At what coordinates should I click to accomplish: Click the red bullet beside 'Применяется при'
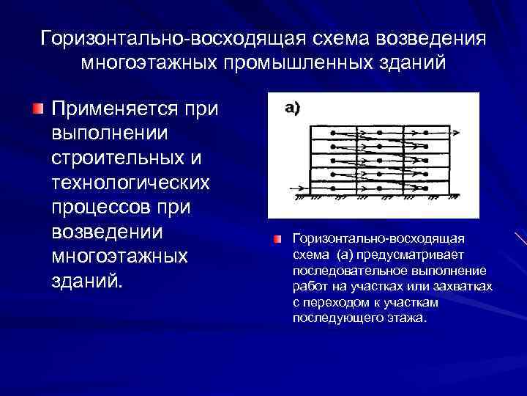(x=37, y=109)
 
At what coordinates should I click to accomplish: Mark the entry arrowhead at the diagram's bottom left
(x=302, y=186)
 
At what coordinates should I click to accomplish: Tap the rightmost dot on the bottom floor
(x=420, y=186)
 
